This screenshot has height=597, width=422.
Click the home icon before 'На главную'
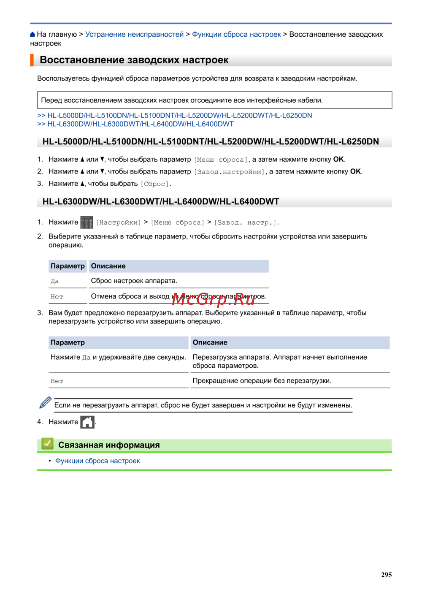[32, 35]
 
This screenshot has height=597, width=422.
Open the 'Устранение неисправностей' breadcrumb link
[135, 34]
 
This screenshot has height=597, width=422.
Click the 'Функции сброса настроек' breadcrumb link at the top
[236, 34]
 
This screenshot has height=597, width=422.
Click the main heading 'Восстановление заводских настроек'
[134, 60]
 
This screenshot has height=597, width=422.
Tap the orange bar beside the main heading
[32, 60]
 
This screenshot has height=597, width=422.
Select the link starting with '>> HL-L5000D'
[175, 115]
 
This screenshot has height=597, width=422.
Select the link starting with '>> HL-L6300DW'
[135, 124]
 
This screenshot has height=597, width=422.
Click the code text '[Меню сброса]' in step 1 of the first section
[221, 160]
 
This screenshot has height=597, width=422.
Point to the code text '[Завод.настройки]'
[230, 172]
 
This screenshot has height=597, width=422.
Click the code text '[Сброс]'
[155, 184]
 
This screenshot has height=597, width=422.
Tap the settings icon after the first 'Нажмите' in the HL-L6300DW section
[87, 222]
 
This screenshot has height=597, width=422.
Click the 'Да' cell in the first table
[55, 281]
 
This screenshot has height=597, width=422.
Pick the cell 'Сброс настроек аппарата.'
[134, 281]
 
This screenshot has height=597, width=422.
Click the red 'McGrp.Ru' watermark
[214, 299]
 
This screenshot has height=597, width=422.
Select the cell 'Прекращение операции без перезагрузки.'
[262, 381]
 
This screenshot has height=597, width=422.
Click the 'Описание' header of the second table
[210, 342]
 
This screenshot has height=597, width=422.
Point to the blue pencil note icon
[45, 402]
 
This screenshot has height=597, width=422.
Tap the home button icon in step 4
[87, 422]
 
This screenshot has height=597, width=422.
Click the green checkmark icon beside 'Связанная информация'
[47, 444]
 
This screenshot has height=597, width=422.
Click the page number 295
[386, 575]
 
